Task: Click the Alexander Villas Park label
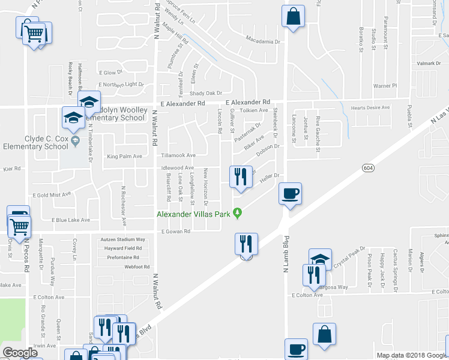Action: [194, 214]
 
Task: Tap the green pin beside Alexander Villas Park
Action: [238, 212]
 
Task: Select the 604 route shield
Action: [368, 169]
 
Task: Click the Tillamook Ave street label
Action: [178, 155]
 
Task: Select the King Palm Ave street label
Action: [124, 157]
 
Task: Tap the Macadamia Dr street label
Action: [263, 41]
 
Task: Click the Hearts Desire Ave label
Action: [370, 108]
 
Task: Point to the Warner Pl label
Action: [385, 86]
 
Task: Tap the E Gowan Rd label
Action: [175, 231]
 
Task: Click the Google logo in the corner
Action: [20, 352]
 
